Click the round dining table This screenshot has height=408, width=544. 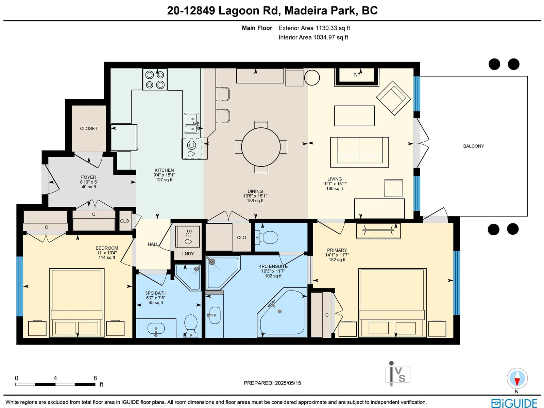[261, 147]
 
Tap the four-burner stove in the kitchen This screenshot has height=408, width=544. [155, 80]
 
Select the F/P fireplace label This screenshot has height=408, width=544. [357, 75]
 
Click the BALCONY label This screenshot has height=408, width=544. [473, 146]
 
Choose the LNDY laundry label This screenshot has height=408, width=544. [188, 254]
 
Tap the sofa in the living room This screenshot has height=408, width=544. [359, 152]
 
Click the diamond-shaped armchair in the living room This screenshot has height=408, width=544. [393, 98]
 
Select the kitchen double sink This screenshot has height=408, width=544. [191, 123]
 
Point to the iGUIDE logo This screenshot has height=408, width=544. [514, 403]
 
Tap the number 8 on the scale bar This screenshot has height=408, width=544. [95, 378]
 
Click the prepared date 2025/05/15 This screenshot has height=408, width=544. [288, 383]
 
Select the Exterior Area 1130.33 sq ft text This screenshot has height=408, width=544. [314, 28]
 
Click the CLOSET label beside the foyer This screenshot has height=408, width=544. [89, 128]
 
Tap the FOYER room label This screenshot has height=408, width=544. [88, 177]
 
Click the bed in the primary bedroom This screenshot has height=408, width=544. [393, 303]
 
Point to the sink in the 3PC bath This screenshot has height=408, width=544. [156, 329]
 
